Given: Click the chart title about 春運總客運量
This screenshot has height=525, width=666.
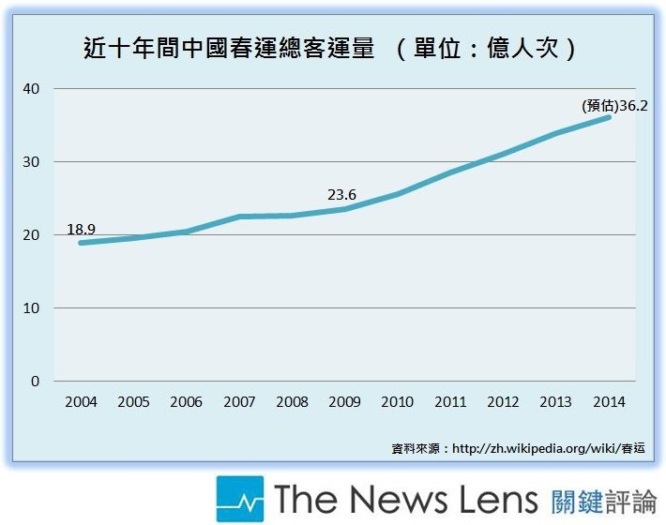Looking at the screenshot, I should point(225,48).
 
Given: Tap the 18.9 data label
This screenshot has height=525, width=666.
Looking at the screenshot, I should point(82,229).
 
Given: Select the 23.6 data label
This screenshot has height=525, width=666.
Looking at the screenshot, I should point(342,195).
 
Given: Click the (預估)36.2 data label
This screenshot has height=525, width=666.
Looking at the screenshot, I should point(614,106).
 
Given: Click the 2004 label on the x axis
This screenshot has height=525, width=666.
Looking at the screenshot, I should point(81,401).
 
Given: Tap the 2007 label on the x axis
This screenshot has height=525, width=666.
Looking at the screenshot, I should point(239,401).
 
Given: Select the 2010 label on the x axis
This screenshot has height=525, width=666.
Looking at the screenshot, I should point(398,401).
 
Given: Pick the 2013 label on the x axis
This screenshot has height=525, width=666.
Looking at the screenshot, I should point(556,401).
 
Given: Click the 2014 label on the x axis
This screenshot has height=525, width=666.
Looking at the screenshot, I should point(610,401).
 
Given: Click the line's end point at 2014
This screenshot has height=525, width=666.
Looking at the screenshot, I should point(610,117).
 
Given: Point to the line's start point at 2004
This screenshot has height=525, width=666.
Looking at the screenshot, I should point(82,243).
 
